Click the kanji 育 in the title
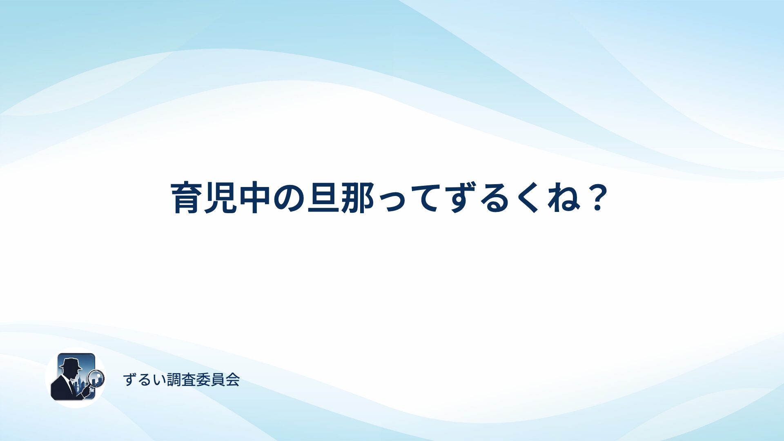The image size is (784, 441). pos(187,198)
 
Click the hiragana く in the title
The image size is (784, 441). pos(527,198)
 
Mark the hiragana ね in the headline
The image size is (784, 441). pos(561,198)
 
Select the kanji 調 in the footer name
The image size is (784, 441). pos(174,380)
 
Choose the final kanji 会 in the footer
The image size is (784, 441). pos(233,380)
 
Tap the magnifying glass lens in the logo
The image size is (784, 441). pos(96,377)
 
